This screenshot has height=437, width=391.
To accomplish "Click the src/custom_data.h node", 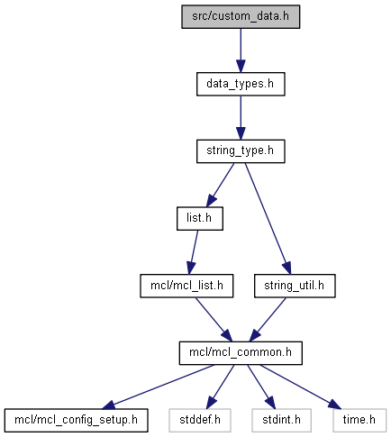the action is (x=241, y=17).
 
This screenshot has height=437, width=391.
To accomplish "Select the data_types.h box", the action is (x=241, y=84).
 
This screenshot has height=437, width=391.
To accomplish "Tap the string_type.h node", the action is (x=241, y=151).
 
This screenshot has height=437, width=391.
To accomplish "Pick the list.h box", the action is (x=200, y=219).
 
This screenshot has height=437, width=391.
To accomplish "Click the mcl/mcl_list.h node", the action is (x=186, y=286).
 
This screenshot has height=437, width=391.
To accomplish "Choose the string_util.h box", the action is (x=295, y=286).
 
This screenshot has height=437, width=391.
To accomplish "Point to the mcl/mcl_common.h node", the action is (x=241, y=353).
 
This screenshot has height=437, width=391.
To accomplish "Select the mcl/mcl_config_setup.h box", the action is (x=76, y=421).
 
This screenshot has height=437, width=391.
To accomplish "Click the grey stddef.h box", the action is (x=200, y=421).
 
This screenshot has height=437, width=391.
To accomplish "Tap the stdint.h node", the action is (x=281, y=421).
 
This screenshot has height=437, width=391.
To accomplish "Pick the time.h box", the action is (x=359, y=421).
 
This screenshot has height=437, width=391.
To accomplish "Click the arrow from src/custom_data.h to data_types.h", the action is (x=241, y=50).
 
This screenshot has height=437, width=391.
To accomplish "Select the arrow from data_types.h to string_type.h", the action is (x=241, y=118).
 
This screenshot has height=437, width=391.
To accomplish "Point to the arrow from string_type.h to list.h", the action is (x=220, y=185).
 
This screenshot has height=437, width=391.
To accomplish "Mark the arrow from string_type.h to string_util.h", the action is (x=268, y=219).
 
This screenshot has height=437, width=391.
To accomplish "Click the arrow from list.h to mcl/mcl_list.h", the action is (x=193, y=252).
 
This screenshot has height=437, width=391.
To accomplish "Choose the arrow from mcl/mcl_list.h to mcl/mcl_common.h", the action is (x=214, y=320).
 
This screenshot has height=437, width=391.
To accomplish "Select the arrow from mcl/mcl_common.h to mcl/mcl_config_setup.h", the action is (x=158, y=387).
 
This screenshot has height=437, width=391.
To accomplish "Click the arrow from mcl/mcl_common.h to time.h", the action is (x=301, y=387).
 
